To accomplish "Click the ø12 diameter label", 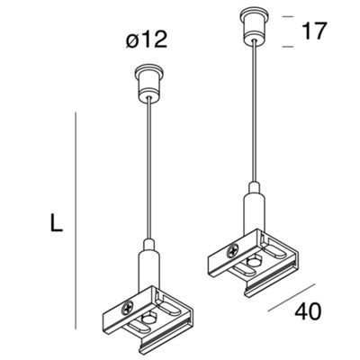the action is coord(146,40).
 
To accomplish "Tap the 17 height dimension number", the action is coord(314,31).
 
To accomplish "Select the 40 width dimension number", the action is coord(308,311).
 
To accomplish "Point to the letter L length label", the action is coord(56,222).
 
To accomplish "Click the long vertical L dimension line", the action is coord(76,220).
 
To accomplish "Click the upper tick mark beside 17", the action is coord(288,17).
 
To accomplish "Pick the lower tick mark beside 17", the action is coord(288,47).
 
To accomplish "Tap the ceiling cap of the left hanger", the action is coord(149,84).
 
